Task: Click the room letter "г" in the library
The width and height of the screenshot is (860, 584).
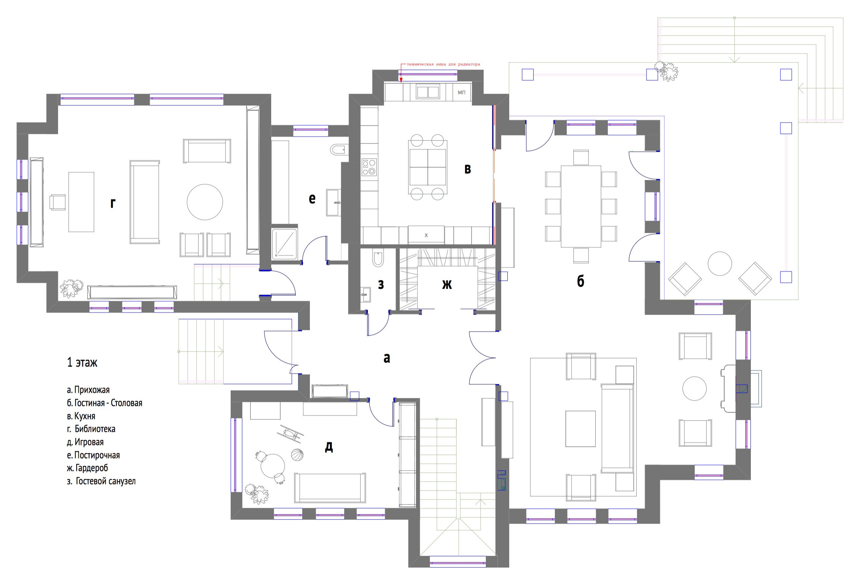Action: pyautogui.click(x=113, y=204)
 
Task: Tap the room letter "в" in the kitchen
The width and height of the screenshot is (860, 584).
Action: pyautogui.click(x=467, y=169)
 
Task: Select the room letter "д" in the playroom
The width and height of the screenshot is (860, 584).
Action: pyautogui.click(x=329, y=447)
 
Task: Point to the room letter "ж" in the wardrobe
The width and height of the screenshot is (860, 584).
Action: pyautogui.click(x=447, y=284)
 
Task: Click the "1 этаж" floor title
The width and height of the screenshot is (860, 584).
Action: pyautogui.click(x=82, y=362)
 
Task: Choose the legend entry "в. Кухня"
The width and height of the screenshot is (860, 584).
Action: pyautogui.click(x=81, y=416)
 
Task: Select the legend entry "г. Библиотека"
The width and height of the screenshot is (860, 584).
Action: pyautogui.click(x=91, y=429)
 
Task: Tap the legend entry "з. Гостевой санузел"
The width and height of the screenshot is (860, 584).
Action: pyautogui.click(x=101, y=481)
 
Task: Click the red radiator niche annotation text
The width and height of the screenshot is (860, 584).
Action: pyautogui.click(x=443, y=64)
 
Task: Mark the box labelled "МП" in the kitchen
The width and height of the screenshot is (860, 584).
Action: pyautogui.click(x=462, y=92)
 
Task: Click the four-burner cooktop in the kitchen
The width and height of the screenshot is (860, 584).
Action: pyautogui.click(x=369, y=167)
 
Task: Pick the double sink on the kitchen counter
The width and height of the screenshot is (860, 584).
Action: pyautogui.click(x=428, y=92)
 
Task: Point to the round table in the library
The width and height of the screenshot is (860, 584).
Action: pyautogui.click(x=205, y=202)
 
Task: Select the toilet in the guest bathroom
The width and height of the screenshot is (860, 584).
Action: pyautogui.click(x=378, y=260)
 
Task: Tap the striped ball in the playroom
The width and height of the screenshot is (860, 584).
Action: pyautogui.click(x=297, y=454)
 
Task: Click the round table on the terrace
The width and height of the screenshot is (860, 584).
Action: pyautogui.click(x=719, y=264)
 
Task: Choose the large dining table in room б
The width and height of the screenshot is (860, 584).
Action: pyautogui.click(x=581, y=207)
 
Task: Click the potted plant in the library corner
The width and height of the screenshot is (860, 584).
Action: pyautogui.click(x=72, y=288)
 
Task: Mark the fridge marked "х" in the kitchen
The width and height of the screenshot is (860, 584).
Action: pyautogui.click(x=426, y=235)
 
